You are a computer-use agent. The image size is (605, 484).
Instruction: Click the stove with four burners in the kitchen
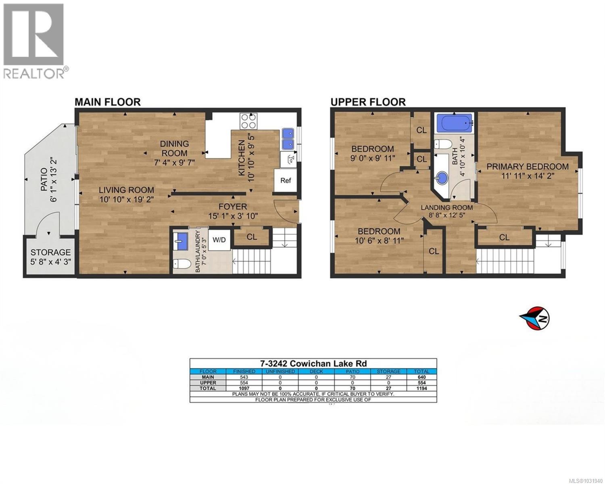248,121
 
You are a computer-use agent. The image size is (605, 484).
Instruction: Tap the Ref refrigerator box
286,180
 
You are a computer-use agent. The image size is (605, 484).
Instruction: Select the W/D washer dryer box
219,240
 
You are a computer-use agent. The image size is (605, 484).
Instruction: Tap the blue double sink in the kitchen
288,138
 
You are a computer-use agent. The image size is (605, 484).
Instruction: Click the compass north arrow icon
534,318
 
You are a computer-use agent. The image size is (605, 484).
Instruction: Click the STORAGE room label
51,252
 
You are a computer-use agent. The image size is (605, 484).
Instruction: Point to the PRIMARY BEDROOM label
527,167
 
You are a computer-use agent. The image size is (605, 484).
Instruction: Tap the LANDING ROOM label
446,207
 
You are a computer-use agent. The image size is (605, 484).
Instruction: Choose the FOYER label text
233,207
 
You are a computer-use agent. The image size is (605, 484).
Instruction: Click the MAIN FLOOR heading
108,102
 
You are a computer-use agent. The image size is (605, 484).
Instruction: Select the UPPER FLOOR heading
368,102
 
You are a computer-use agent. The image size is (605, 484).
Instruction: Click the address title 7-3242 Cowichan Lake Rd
313,363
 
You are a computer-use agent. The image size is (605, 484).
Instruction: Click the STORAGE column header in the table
388,371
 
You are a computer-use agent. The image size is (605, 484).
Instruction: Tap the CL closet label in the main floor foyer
252,237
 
